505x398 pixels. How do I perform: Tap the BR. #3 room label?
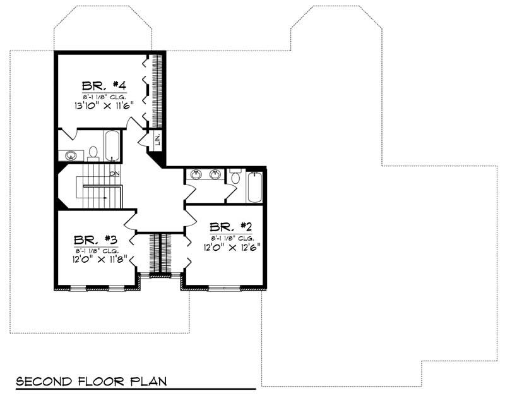93,240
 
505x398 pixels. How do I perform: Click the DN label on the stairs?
114,173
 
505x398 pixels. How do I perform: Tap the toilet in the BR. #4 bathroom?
93,153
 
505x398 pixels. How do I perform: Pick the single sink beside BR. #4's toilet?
71,155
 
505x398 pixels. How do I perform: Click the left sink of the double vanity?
194,174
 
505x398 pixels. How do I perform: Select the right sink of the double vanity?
215,174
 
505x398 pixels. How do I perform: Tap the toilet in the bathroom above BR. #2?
235,176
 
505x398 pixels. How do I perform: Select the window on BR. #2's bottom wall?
223,288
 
